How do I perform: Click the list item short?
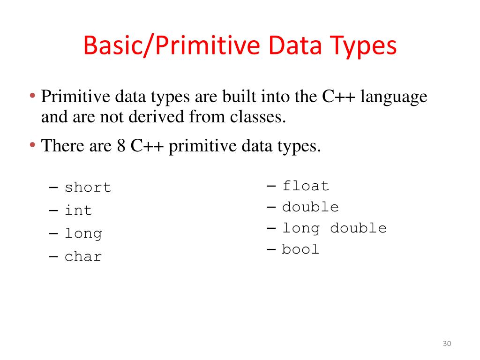pos(88,187)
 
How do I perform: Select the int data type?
pos(78,210)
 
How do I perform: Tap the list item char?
pos(83,256)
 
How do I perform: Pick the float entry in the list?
pos(305,186)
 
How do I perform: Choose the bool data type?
pos(300,249)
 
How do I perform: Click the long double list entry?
pos(334,228)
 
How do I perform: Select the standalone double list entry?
pos(310,207)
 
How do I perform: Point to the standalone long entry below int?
pos(83,233)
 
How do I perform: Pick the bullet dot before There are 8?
pos(33,146)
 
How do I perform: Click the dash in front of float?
pos(271,186)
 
